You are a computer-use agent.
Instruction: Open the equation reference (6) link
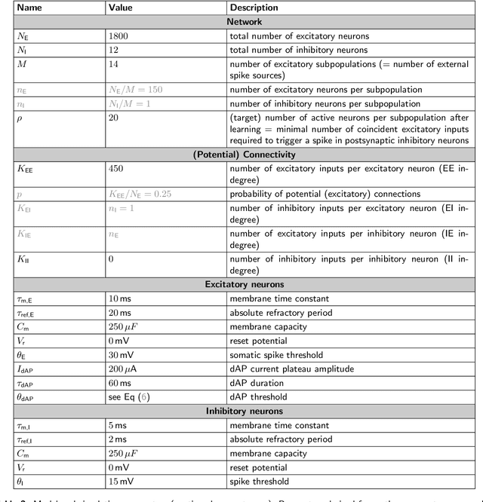[x=146, y=396]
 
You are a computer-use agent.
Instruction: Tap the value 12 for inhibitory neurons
[x=115, y=50]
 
